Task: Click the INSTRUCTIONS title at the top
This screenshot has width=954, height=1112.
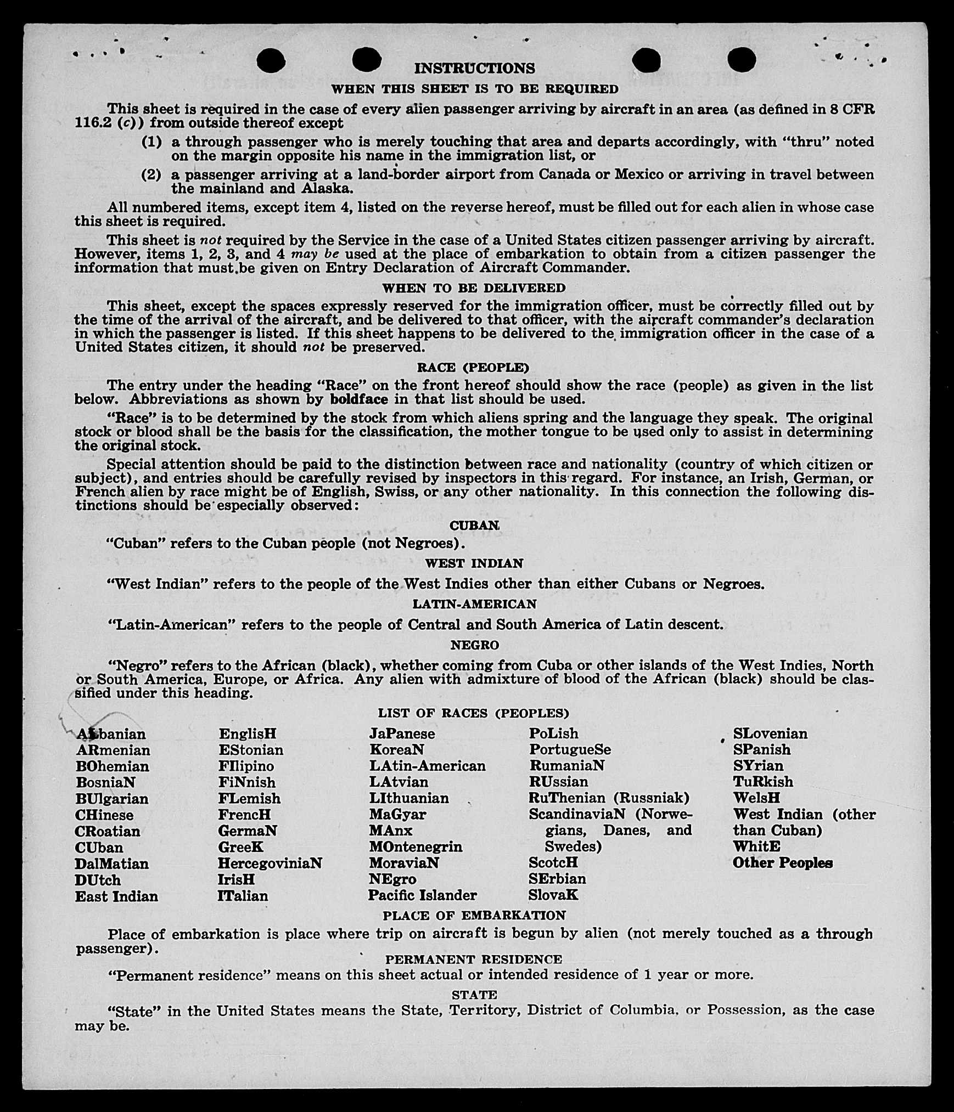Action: pyautogui.click(x=474, y=68)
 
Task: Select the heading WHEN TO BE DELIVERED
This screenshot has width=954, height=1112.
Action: pyautogui.click(x=474, y=288)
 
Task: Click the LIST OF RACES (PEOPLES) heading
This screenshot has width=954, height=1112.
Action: pyautogui.click(x=473, y=713)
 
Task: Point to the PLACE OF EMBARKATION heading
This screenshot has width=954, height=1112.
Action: pyautogui.click(x=474, y=916)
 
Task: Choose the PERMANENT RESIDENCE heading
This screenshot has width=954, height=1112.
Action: pyautogui.click(x=473, y=959)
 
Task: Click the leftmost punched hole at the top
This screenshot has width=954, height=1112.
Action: pyautogui.click(x=271, y=60)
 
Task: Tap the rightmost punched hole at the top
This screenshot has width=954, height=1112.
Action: pyautogui.click(x=742, y=59)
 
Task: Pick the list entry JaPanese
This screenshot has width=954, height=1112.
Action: pyautogui.click(x=402, y=733)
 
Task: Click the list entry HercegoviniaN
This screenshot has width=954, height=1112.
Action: pyautogui.click(x=270, y=863)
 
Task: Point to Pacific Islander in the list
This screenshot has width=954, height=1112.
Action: pyautogui.click(x=422, y=895)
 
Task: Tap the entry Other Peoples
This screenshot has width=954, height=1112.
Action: pyautogui.click(x=782, y=863)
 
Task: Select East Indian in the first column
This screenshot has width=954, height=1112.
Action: pyautogui.click(x=116, y=896)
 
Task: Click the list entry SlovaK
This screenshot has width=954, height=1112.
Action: pyautogui.click(x=553, y=895)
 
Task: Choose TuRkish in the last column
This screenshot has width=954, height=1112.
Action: pyautogui.click(x=763, y=782)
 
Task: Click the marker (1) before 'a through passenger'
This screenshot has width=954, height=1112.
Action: pyautogui.click(x=151, y=142)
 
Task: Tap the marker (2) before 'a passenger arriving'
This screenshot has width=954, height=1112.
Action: pyautogui.click(x=151, y=175)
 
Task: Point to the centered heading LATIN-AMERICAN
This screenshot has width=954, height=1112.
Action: pyautogui.click(x=474, y=604)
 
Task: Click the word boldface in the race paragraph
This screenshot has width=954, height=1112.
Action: pyautogui.click(x=360, y=399)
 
